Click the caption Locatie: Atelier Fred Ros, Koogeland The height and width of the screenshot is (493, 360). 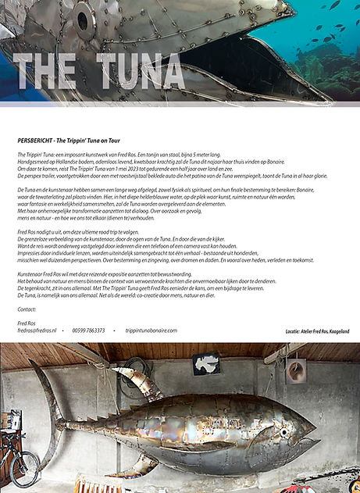coord(318,332)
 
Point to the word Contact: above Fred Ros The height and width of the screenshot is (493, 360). coord(27,309)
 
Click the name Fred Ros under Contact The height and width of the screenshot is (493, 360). coord(27,323)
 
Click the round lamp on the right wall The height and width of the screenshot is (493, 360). coord(296,370)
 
